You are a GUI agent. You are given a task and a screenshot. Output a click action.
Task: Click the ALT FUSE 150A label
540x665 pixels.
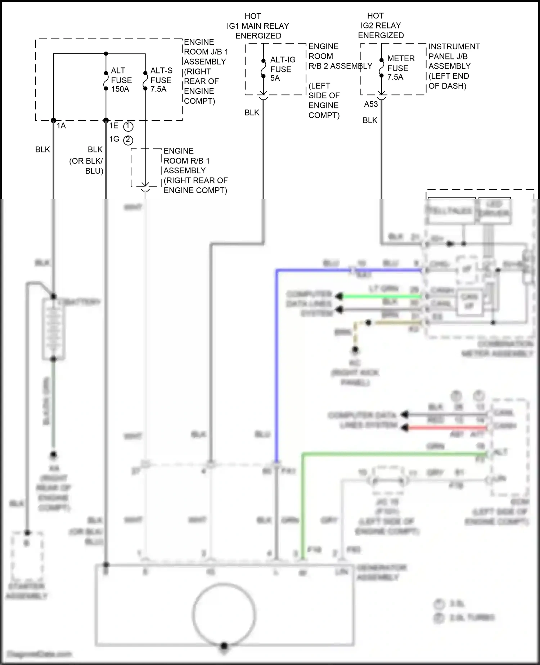[x=121, y=80]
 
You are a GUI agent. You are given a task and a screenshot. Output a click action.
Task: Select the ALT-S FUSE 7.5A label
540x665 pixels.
[x=161, y=80]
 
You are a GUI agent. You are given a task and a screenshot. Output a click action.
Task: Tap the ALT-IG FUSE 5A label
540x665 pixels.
[x=282, y=69]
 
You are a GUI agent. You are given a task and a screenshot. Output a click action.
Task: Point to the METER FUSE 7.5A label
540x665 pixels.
[x=400, y=68]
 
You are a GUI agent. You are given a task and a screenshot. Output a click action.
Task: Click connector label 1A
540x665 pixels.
[x=61, y=126]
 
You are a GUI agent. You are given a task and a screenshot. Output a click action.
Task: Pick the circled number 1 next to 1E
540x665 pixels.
[x=128, y=126]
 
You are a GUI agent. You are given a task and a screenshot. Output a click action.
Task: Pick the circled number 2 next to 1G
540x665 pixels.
[x=128, y=140]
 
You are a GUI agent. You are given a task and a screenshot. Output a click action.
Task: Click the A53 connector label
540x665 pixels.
[x=371, y=104]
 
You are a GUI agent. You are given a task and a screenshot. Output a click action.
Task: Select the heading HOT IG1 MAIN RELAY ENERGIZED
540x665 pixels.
[x=258, y=26]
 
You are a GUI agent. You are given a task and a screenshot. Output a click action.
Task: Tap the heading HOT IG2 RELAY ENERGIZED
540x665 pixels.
[x=381, y=26]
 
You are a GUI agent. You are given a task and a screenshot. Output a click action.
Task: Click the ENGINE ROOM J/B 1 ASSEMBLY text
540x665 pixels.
[x=205, y=52]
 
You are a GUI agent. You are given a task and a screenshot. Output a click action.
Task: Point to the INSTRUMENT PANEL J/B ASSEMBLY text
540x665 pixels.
[x=454, y=57]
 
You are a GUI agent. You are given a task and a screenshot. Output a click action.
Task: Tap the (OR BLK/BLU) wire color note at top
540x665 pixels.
[x=86, y=166]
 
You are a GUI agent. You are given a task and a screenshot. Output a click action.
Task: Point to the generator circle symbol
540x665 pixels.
[x=224, y=614]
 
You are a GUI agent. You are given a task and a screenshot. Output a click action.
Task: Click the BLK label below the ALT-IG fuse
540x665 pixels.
[x=252, y=113]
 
